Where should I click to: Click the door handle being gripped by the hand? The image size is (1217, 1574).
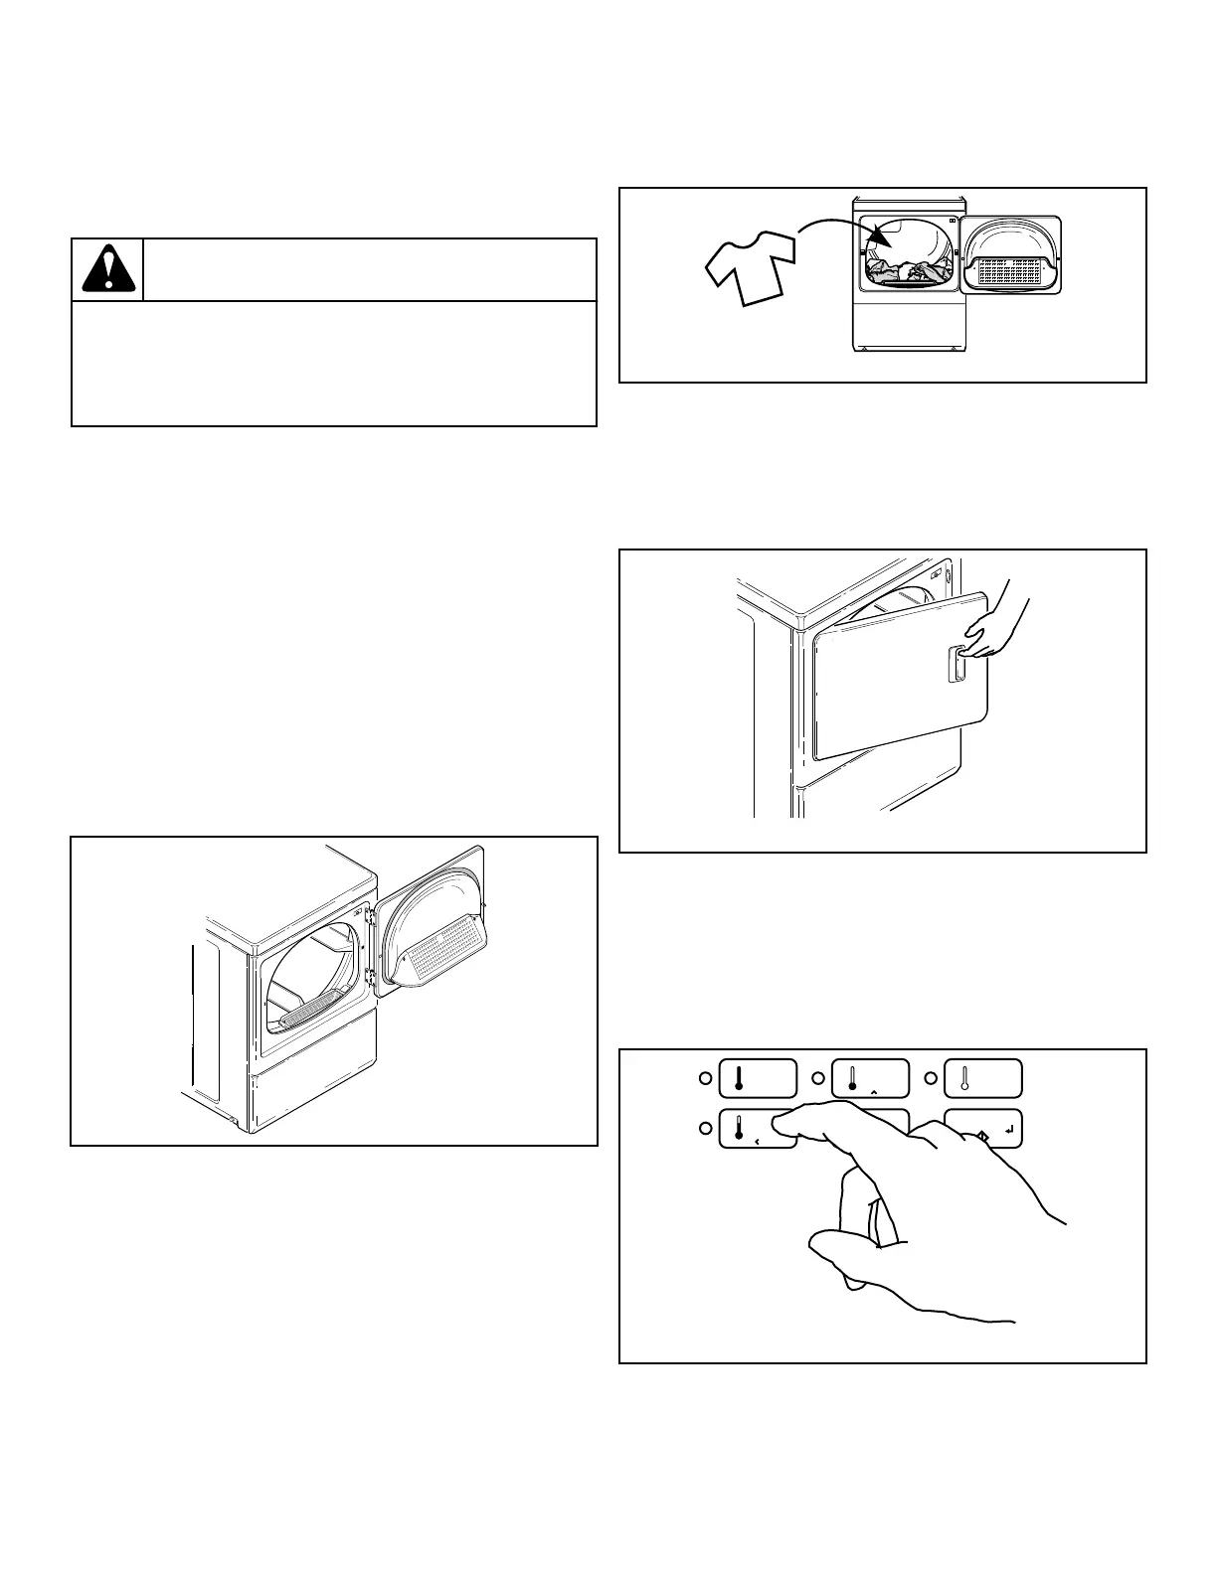click(956, 663)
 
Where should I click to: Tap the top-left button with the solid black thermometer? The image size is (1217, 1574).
click(757, 1078)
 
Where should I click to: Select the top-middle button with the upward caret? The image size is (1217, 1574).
click(869, 1078)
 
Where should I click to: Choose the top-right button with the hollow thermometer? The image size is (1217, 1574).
click(981, 1078)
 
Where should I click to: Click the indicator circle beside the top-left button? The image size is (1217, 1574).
click(704, 1078)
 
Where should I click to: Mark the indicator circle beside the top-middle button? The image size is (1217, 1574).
click(818, 1078)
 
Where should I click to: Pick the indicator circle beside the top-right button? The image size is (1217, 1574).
click(931, 1078)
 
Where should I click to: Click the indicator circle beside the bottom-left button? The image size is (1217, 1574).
click(704, 1128)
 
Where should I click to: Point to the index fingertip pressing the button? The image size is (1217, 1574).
click(781, 1120)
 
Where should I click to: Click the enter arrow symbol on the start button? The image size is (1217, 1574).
click(1009, 1129)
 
